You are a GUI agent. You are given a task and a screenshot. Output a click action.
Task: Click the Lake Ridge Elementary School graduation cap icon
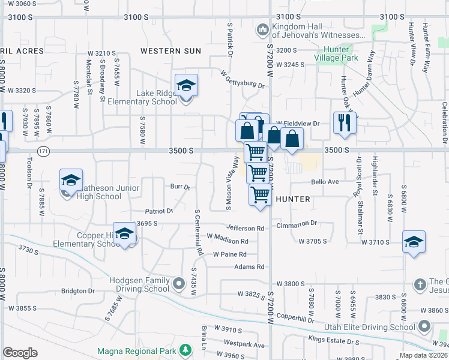[186, 86]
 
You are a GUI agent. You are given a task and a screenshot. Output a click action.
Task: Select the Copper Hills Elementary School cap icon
[125, 235]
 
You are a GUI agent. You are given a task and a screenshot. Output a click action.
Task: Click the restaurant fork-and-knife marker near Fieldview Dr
[345, 122]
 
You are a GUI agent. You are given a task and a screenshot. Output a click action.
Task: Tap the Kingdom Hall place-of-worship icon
[262, 29]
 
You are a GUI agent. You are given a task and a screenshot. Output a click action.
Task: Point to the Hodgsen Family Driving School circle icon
[178, 283]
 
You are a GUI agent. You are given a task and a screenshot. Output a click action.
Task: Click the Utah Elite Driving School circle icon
[424, 326]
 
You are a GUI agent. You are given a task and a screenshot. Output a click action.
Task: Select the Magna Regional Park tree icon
[186, 350]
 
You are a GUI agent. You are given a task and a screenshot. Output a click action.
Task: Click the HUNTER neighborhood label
[292, 199]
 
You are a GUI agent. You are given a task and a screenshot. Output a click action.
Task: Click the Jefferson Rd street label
[246, 228]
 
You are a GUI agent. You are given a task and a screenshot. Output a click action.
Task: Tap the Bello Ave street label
[325, 181]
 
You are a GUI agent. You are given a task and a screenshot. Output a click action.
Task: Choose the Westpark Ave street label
[244, 345]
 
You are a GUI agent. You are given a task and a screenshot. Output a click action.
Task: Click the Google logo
[20, 353]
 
